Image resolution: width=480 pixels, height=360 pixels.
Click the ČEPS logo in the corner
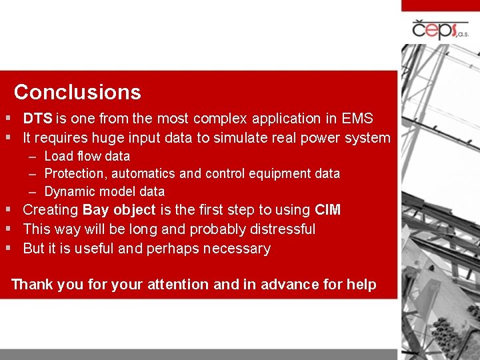440,29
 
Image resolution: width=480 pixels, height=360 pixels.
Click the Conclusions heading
77,92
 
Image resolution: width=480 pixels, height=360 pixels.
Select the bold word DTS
37,119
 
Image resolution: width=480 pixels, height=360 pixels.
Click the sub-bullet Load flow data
87,156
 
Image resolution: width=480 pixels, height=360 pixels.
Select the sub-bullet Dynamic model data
104,192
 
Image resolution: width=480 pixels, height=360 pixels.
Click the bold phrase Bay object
119,211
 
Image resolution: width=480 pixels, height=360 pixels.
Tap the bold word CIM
327,211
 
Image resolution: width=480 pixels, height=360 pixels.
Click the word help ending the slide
361,285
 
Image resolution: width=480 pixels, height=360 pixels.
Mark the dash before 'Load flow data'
33,157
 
